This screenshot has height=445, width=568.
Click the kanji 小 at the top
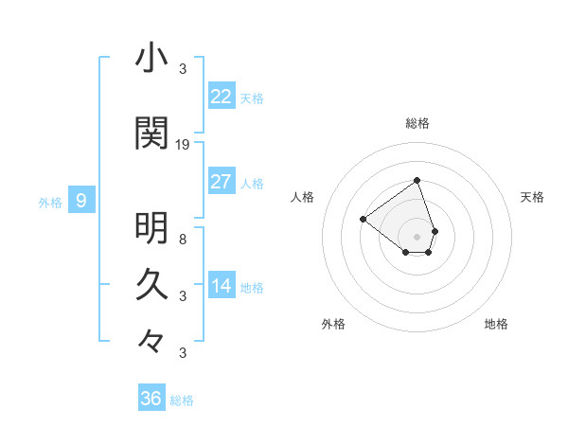click(x=151, y=59)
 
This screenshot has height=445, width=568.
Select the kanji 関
click(x=151, y=133)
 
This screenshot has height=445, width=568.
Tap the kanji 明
click(x=151, y=227)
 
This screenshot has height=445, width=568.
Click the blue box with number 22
click(x=222, y=96)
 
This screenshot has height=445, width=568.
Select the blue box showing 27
click(x=222, y=182)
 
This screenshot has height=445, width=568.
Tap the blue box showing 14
click(x=222, y=286)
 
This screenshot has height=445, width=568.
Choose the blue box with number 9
click(x=82, y=200)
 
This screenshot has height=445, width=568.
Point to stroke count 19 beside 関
click(x=183, y=144)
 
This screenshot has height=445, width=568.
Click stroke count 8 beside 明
click(x=182, y=239)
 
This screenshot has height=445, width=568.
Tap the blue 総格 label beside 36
click(x=182, y=400)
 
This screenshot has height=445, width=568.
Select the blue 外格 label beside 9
click(x=50, y=202)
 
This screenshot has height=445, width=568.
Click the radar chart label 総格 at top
click(x=417, y=123)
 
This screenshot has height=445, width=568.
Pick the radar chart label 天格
click(x=533, y=197)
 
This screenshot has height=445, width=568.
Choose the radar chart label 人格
click(x=303, y=197)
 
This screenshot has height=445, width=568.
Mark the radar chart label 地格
click(x=496, y=324)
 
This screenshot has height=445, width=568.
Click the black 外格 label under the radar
click(x=333, y=324)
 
